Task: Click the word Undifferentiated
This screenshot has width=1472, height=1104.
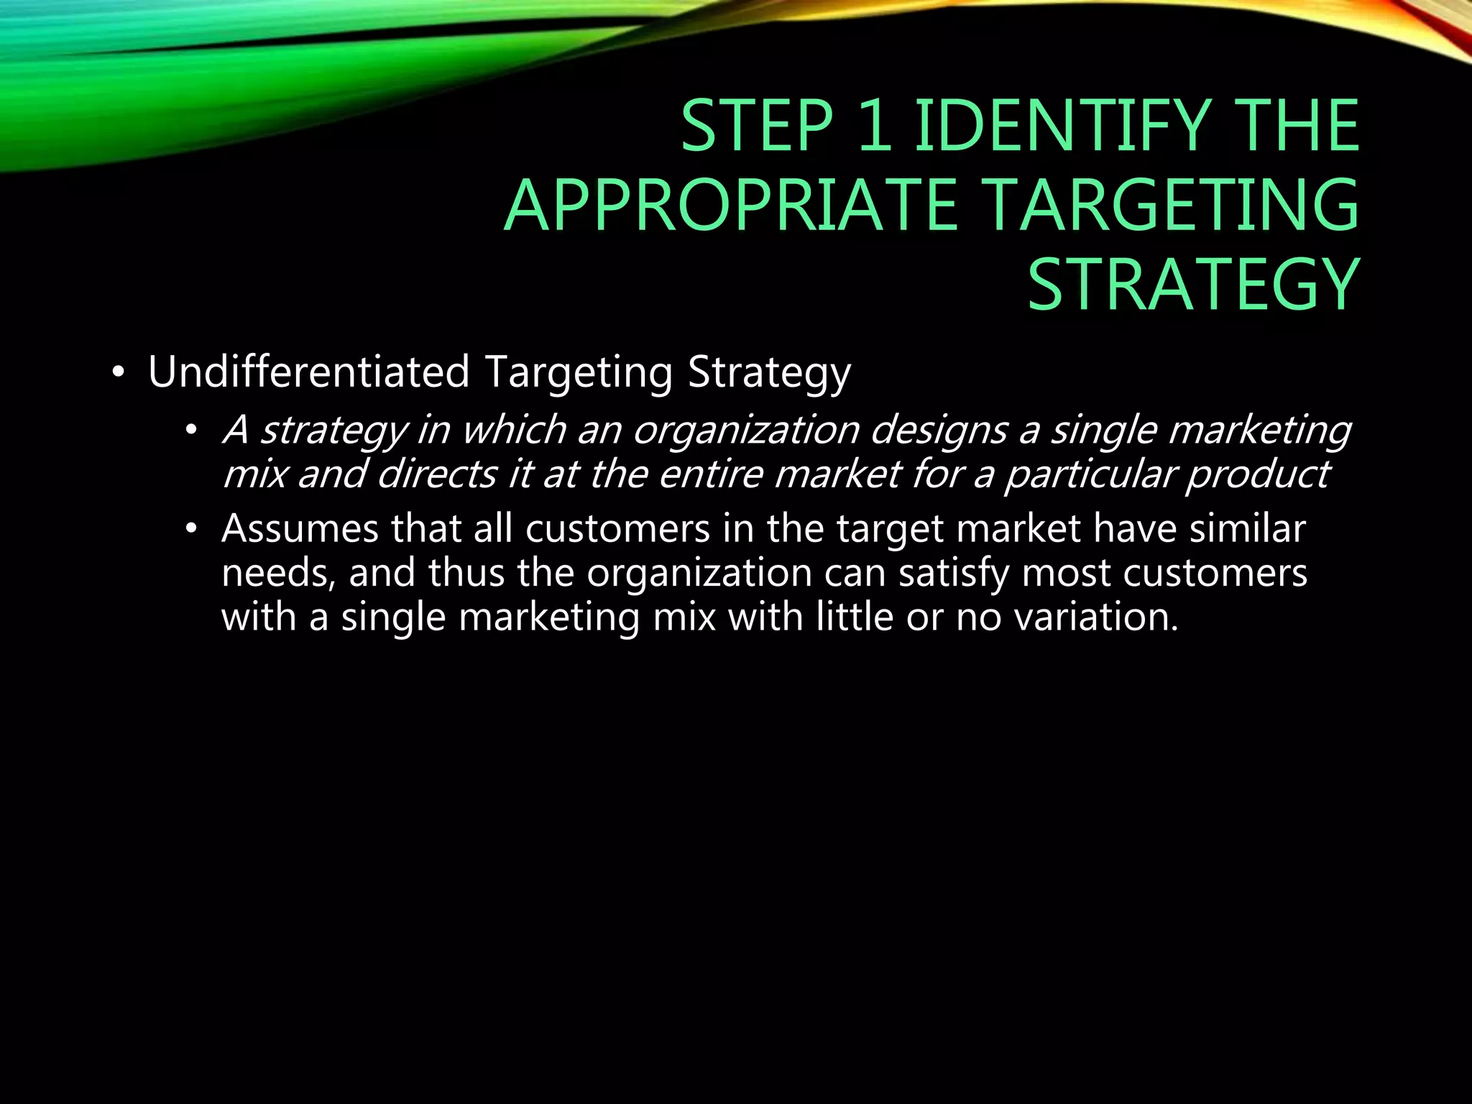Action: point(308,372)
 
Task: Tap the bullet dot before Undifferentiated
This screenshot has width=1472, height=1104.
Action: point(119,374)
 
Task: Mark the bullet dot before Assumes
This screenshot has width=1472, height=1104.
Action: point(190,530)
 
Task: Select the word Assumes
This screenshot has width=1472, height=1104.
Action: point(300,529)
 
